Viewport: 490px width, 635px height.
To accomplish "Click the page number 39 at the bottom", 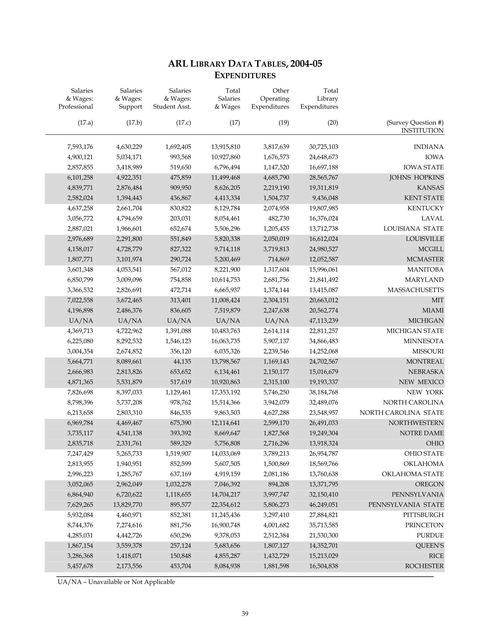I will coord(245,614).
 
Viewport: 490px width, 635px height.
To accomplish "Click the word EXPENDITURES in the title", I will coord(245,76).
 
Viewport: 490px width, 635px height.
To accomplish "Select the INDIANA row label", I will coord(428,147).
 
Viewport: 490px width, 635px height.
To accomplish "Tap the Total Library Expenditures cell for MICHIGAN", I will coord(323,321).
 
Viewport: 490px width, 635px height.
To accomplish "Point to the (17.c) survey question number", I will coord(183,123).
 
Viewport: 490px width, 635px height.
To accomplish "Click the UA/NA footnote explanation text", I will coord(116,582).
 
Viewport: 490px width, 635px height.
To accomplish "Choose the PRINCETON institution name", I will coord(424,525).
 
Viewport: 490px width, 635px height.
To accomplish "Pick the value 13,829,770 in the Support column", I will coord(127,505).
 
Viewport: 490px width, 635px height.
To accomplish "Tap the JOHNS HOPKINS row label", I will coord(416,178).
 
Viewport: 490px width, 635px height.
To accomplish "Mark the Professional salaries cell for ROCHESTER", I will coord(80,566).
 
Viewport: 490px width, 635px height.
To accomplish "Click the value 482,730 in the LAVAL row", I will coord(278,219).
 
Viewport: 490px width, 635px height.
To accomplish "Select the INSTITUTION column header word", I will coord(422,131).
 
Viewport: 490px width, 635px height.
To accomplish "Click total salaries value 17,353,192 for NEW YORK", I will coord(225,392).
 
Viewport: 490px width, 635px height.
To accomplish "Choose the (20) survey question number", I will coord(333,123).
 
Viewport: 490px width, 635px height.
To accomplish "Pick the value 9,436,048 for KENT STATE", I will coord(325,198).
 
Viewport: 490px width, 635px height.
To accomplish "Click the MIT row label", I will coord(438,300).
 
